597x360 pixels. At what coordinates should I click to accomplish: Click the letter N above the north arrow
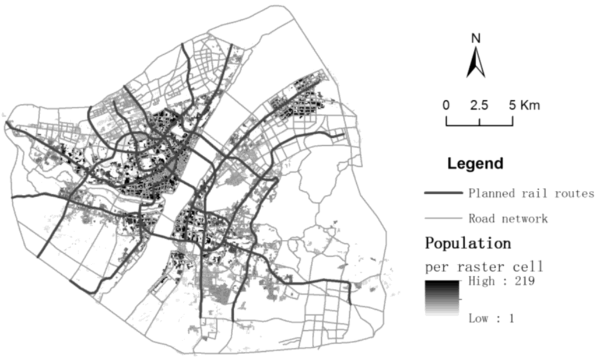click(476, 39)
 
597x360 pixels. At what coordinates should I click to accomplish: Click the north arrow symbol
click(476, 63)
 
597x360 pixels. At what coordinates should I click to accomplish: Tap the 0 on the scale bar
click(446, 106)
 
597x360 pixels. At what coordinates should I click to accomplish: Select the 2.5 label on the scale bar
click(479, 106)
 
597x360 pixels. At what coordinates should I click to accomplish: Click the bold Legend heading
click(475, 163)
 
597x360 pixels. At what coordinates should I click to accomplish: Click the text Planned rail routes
click(531, 194)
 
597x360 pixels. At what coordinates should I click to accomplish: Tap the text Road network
click(508, 219)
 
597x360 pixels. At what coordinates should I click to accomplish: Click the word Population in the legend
click(468, 242)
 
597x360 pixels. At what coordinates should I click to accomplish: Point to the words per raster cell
click(484, 267)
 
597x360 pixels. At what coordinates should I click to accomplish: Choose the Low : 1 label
click(492, 319)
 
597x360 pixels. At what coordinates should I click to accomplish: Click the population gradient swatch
click(443, 298)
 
